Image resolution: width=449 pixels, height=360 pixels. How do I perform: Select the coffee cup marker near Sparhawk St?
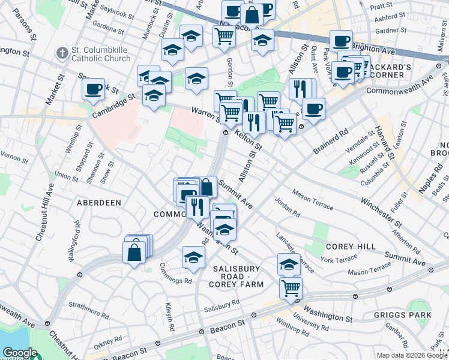pyautogui.click(x=94, y=89)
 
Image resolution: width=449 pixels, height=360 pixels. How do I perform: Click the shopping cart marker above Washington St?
pyautogui.click(x=291, y=288)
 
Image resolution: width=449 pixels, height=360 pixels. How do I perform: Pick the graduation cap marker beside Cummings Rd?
pyautogui.click(x=193, y=257)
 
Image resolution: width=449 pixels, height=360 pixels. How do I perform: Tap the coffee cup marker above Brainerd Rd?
pyautogui.click(x=313, y=109)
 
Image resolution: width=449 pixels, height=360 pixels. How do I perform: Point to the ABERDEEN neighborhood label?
pyautogui.click(x=99, y=203)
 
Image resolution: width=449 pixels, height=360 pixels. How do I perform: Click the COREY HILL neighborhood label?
pyautogui.click(x=351, y=247)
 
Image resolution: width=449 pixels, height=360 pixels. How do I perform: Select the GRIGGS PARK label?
pyautogui.click(x=411, y=315)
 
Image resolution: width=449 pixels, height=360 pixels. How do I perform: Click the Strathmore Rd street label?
pyautogui.click(x=88, y=311)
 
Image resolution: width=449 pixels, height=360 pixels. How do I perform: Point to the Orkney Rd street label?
pyautogui.click(x=107, y=340)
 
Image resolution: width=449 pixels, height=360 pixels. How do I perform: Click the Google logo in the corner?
pyautogui.click(x=19, y=353)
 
